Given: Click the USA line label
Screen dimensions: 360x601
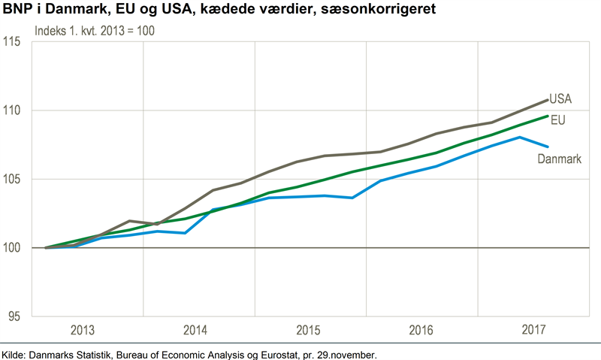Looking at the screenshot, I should pyautogui.click(x=560, y=98).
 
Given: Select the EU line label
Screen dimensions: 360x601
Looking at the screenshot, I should pyautogui.click(x=557, y=119).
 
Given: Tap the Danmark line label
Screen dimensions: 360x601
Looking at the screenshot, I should pyautogui.click(x=560, y=159).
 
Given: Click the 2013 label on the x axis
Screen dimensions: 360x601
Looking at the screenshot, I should pyautogui.click(x=83, y=331).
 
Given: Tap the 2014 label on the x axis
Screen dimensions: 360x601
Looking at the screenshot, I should pyautogui.click(x=195, y=331).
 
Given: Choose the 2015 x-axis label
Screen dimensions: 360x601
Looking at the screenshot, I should pyautogui.click(x=308, y=331).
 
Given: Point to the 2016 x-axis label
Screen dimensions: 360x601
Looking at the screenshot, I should pyautogui.click(x=421, y=331).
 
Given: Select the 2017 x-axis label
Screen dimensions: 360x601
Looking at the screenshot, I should pyautogui.click(x=533, y=331).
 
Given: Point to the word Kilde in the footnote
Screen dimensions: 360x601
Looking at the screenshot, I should pyautogui.click(x=15, y=352).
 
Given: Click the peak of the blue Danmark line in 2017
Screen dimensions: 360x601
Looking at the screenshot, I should pyautogui.click(x=520, y=137).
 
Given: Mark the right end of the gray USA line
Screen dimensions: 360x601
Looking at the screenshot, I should pyautogui.click(x=547, y=99).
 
